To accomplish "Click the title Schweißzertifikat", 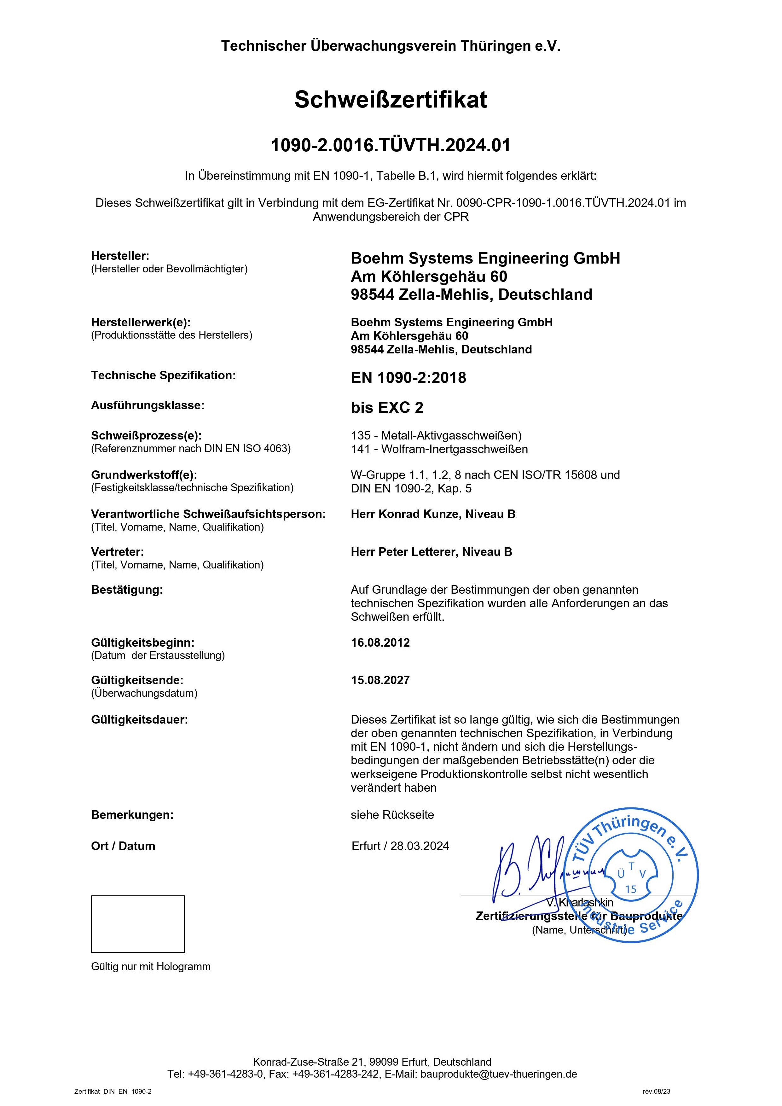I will click(x=391, y=100).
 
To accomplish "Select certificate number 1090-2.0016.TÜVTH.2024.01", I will click(x=391, y=145).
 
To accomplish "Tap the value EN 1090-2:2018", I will click(x=408, y=378).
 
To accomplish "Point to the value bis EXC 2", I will click(x=387, y=408).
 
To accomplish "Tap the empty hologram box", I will click(x=138, y=924).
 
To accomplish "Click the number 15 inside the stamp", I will click(x=631, y=889).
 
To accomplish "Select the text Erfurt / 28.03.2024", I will click(x=400, y=846).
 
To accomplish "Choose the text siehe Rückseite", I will click(x=392, y=815).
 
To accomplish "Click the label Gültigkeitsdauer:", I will click(x=139, y=720).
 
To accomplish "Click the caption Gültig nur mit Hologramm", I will click(x=151, y=966).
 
